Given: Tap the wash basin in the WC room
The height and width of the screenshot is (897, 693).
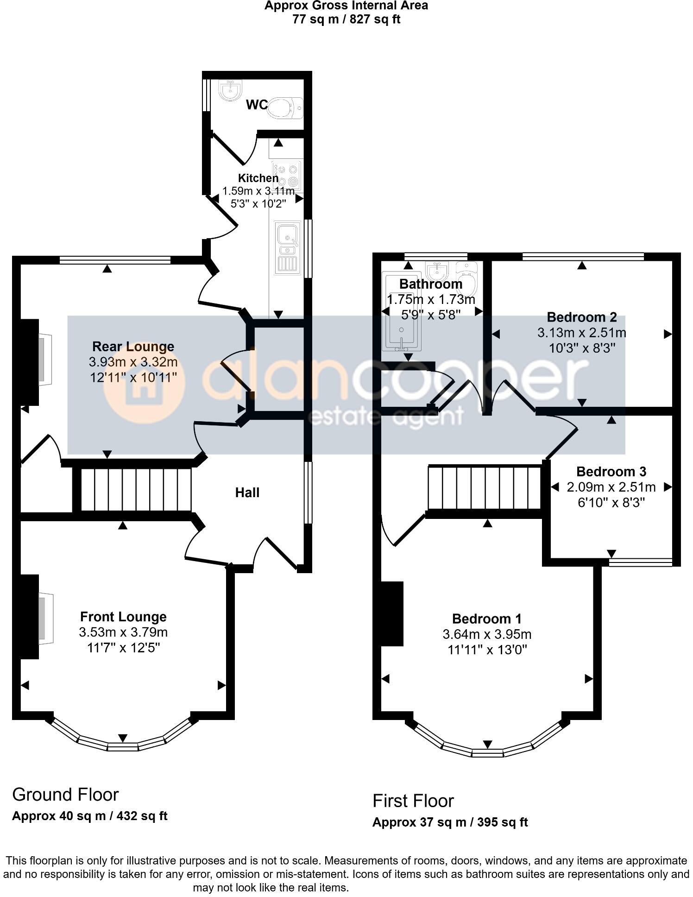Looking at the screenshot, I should [x=229, y=90].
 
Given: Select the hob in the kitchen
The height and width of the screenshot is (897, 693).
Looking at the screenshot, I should [x=287, y=176].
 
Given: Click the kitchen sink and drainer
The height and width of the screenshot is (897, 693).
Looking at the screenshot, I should [x=287, y=248].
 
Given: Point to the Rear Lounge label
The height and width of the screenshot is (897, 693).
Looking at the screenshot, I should [x=133, y=347].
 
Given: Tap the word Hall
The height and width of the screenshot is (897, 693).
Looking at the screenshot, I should [x=247, y=493].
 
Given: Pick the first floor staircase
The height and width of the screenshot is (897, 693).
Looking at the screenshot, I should [x=485, y=488].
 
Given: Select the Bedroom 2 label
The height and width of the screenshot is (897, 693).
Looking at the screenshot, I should [x=582, y=317].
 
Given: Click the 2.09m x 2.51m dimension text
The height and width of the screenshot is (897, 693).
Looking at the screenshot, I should [x=611, y=487].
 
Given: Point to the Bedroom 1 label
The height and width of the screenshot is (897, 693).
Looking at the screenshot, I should [x=486, y=619].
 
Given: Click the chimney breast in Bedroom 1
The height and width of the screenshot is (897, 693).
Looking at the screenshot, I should [x=391, y=614].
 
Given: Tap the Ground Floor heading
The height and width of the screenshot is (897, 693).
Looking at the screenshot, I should [x=65, y=794].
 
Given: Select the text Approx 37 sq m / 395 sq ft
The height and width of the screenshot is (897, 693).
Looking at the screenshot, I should [x=450, y=822].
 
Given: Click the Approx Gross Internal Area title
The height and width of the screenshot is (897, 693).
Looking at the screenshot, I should [x=346, y=6].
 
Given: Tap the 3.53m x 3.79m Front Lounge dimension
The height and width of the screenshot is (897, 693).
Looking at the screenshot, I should [x=123, y=632].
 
